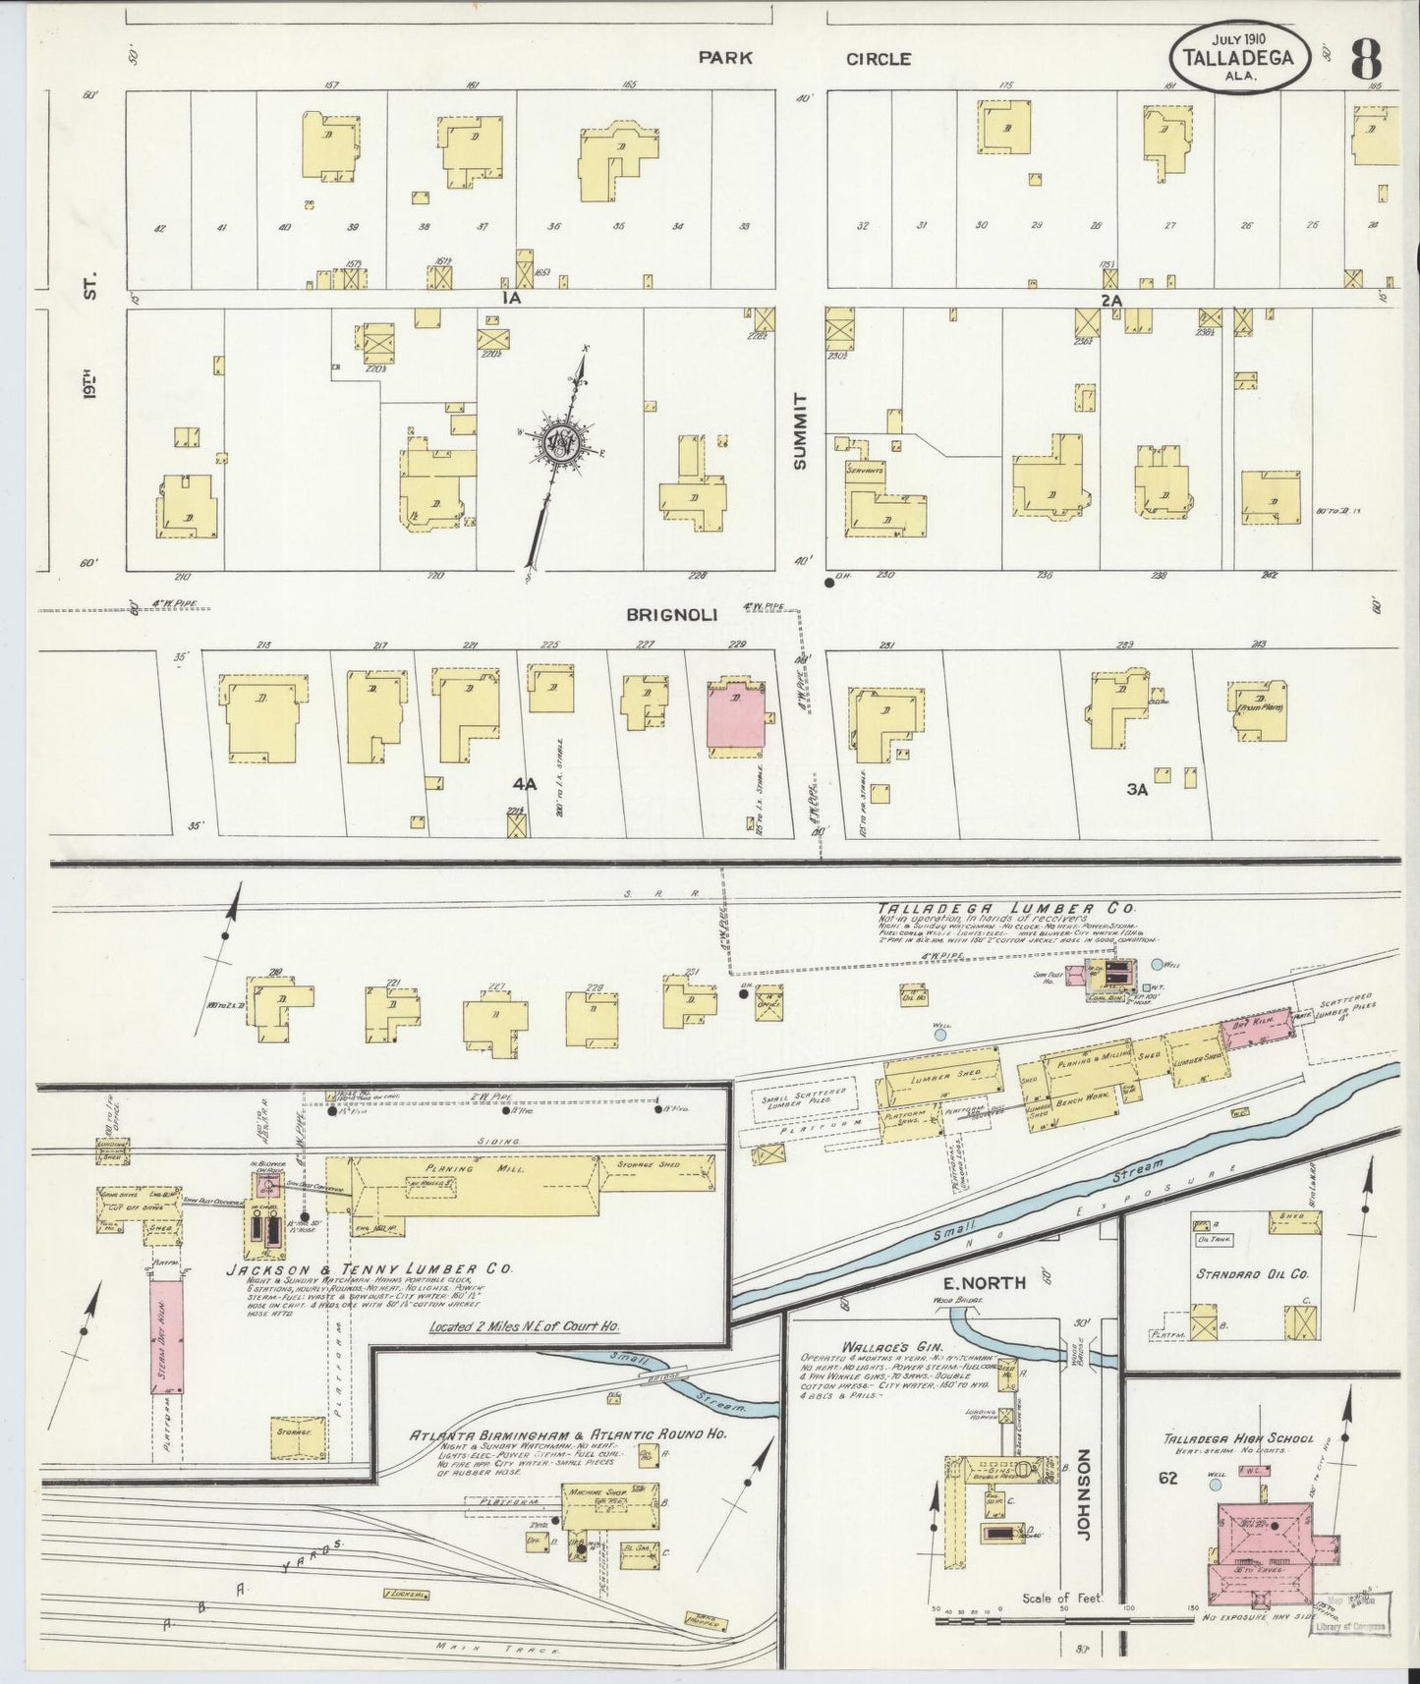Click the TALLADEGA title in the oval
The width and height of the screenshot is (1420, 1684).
(x=1239, y=57)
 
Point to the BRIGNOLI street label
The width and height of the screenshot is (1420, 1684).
(x=673, y=615)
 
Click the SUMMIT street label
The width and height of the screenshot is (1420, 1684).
(x=800, y=430)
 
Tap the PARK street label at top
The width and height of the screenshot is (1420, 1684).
(x=725, y=58)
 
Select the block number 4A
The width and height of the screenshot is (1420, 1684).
(x=526, y=784)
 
